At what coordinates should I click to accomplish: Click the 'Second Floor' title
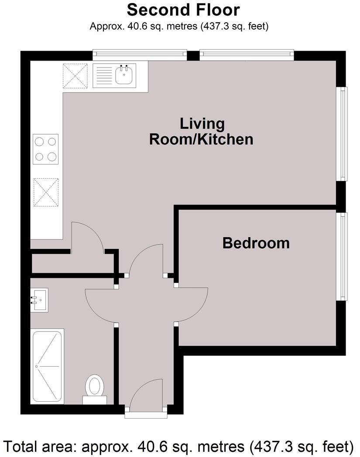pos(183,10)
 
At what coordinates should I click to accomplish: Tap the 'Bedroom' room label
pos(256,243)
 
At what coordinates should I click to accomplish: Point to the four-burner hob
pos(46,149)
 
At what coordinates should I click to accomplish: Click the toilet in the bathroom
pos(95,387)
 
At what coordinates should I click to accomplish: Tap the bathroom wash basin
pos(39,300)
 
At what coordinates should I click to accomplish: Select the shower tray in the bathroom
pos(47,366)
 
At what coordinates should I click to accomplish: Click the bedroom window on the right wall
pos(344,256)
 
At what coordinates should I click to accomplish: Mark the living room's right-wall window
pos(344,134)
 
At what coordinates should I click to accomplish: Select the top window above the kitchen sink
pos(140,55)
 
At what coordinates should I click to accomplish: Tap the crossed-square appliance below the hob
pos(46,192)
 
